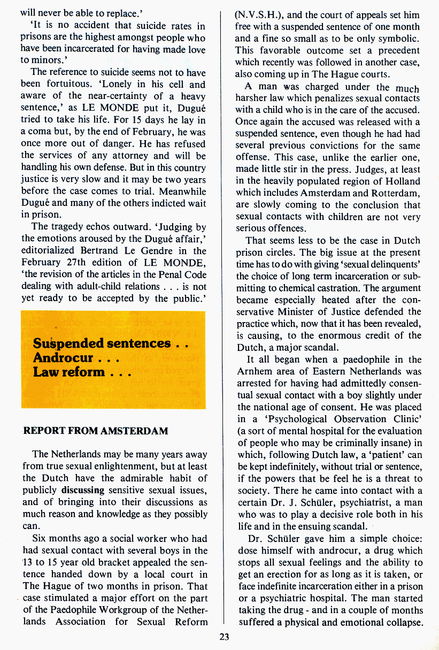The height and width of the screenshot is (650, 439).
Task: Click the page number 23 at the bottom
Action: [x=224, y=637]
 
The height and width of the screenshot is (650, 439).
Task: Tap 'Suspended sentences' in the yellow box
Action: [x=102, y=343]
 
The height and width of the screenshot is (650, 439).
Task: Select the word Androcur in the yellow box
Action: [x=63, y=357]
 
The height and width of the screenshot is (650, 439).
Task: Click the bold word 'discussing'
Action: [x=83, y=490]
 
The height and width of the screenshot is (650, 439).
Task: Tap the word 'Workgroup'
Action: [x=117, y=609]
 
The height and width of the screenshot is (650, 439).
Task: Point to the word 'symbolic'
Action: [x=399, y=39]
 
